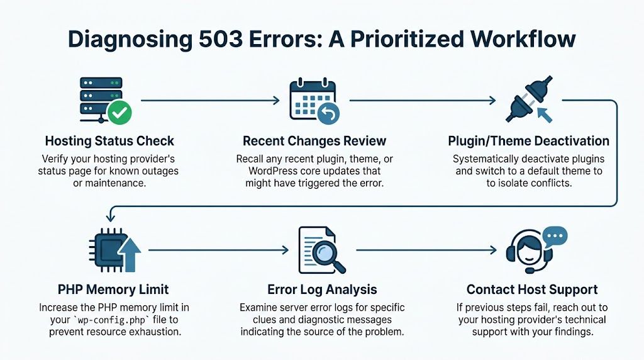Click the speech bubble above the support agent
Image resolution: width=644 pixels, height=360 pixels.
[554, 237]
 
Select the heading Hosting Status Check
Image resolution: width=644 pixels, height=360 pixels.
[109, 141]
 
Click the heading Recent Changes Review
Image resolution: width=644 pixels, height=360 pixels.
[314, 141]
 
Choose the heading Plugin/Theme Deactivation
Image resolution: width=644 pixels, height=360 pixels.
[528, 141]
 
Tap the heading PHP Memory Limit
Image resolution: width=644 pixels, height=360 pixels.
[110, 290]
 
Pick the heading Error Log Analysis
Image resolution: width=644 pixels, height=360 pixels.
[322, 290]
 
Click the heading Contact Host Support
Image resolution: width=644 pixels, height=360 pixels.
[532, 290]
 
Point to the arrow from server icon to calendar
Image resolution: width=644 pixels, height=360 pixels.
[210, 100]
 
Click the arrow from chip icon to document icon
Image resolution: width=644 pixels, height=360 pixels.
[218, 250]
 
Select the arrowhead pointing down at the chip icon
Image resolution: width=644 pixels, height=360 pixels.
[110, 218]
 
